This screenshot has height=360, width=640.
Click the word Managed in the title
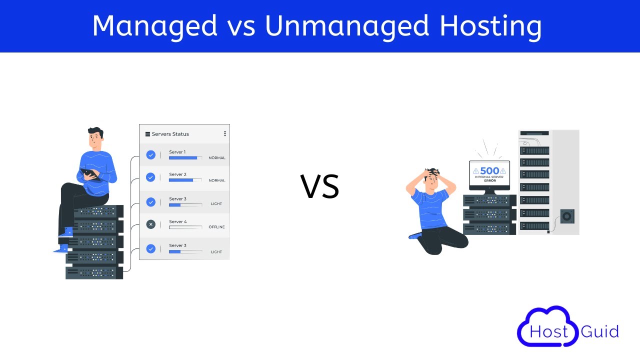point(155,25)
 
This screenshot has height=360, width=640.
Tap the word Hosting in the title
point(490,26)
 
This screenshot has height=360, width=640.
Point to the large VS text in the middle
point(320,186)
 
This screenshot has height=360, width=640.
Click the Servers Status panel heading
point(170,134)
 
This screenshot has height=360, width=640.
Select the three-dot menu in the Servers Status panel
point(225,133)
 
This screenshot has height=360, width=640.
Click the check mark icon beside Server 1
point(151,155)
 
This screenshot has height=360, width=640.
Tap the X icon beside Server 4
point(151,224)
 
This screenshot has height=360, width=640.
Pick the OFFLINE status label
point(216,227)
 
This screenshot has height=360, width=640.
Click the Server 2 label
point(177,174)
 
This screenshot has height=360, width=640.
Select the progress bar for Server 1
point(185,158)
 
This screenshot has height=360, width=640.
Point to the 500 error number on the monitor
point(489,171)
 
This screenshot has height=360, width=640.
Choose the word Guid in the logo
point(600,331)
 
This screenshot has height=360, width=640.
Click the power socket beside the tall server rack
point(567,216)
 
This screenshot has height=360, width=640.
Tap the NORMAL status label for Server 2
point(217,180)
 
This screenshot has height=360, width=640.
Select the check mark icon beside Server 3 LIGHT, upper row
point(151,202)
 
